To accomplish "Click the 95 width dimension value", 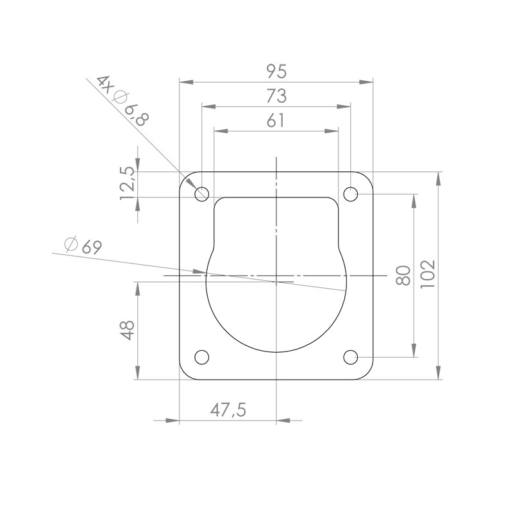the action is [x=276, y=71].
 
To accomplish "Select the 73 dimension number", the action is [x=276, y=96].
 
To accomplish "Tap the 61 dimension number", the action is [x=276, y=121].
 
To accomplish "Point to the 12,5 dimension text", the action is [x=127, y=183].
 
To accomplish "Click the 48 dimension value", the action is [x=127, y=330].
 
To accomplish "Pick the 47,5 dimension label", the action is [x=228, y=410].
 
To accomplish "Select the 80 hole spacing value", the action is [x=403, y=276].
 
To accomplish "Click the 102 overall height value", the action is [x=428, y=274].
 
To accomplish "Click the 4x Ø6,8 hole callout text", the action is [x=123, y=101].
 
